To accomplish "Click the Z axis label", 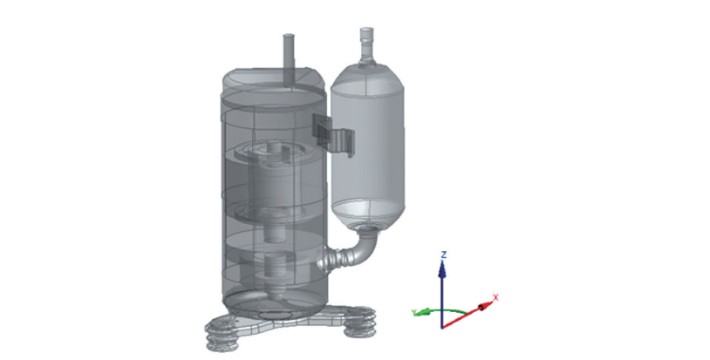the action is tap(444, 255).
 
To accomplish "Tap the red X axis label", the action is tap(495, 297).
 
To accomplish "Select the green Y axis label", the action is tap(413, 312).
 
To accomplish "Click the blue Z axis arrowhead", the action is tap(442, 269).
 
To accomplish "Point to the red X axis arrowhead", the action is tap(485, 306).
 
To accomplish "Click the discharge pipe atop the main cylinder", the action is tap(289, 58).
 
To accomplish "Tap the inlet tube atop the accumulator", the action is tap(366, 44).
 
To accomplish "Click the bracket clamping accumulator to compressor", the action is tap(333, 132).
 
